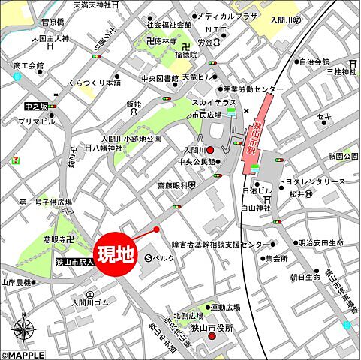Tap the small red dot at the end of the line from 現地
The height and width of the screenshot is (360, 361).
pyautogui.click(x=156, y=229)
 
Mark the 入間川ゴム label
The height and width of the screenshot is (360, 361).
pyautogui.click(x=91, y=302)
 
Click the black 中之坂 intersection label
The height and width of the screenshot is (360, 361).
pyautogui.click(x=35, y=106)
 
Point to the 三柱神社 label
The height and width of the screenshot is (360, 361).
pyautogui.click(x=339, y=71)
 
